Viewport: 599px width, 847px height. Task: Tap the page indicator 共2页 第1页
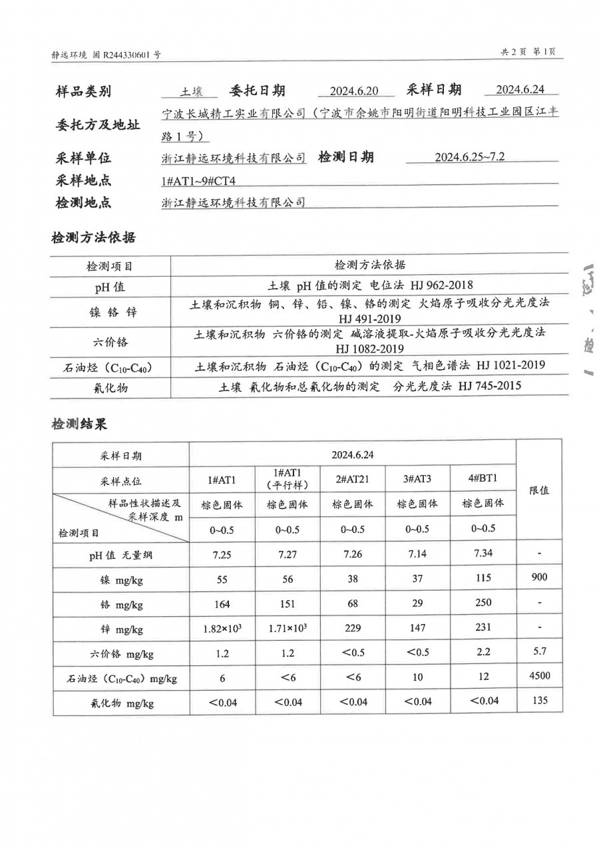[x=528, y=53]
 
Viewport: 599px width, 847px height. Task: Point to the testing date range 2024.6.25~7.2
[x=469, y=157]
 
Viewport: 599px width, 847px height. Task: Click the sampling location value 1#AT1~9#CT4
[x=199, y=180]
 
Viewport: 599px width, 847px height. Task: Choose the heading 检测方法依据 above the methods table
[x=93, y=238]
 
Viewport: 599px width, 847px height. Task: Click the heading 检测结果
[x=79, y=424]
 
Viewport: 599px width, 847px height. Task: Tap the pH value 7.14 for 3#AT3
[x=417, y=554]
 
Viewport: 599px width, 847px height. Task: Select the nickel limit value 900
[x=539, y=577]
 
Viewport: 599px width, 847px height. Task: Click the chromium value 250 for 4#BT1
[x=483, y=602]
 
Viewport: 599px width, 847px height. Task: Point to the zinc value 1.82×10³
[x=222, y=629]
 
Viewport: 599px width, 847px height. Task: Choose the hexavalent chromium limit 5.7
[x=539, y=651]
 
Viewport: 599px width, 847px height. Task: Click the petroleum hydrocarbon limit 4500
[x=539, y=676]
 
